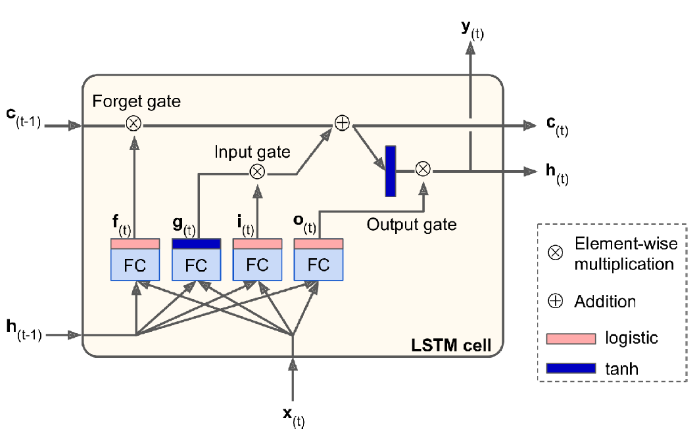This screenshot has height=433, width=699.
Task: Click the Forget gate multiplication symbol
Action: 133,125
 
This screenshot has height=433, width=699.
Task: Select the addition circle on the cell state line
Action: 341,124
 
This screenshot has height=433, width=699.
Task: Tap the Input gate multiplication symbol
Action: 257,171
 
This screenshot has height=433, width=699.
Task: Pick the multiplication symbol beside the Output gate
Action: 423,170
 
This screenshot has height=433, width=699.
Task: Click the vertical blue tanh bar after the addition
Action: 391,171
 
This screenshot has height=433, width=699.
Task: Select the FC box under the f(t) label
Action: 135,265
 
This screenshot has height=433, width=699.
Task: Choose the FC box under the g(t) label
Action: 196,265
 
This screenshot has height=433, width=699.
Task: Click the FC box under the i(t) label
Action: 258,265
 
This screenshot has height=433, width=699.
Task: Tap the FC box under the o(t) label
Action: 318,265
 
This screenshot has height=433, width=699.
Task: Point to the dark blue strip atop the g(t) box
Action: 196,243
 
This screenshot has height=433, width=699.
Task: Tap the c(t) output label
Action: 556,126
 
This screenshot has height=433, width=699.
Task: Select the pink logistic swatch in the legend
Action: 570,338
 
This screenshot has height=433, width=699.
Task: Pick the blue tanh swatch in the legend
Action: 570,368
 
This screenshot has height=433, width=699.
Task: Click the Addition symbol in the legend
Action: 556,302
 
